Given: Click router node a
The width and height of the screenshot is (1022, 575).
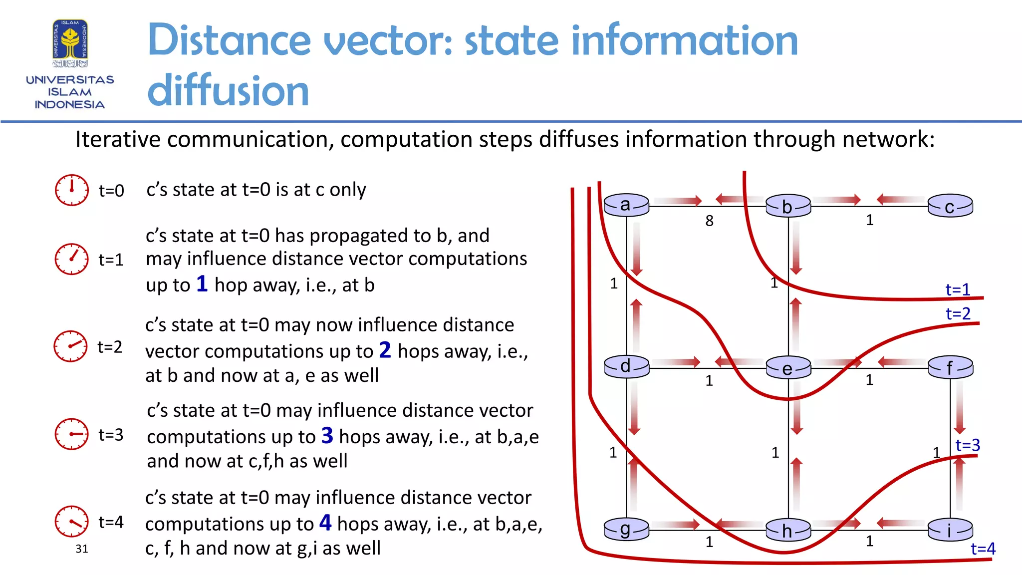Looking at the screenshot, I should [626, 205].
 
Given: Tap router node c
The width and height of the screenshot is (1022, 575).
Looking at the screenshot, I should [950, 206].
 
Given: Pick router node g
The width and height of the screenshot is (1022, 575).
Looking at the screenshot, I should [626, 529].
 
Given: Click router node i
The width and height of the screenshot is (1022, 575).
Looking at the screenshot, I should [950, 530].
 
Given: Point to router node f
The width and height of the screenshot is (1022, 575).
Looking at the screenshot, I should [950, 368].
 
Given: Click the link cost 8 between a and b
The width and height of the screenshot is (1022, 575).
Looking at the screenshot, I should [709, 221].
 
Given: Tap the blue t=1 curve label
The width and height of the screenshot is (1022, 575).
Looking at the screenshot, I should [958, 289].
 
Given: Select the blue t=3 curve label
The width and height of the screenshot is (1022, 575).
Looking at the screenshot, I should [968, 445].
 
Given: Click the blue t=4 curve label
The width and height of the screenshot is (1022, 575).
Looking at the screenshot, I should [983, 549].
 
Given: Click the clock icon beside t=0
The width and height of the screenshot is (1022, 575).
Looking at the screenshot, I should [72, 190].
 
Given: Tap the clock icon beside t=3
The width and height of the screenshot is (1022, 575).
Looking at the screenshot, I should [71, 434].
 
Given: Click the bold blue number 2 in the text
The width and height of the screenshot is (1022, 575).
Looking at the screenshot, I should [385, 350].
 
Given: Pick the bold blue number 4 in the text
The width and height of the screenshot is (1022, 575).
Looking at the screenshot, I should [325, 523].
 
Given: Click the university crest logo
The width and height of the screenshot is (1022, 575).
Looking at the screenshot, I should [70, 43].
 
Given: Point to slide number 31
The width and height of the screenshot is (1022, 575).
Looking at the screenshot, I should [82, 549].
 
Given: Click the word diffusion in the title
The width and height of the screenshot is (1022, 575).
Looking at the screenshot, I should [228, 91].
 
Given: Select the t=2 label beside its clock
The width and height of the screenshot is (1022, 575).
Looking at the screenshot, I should [110, 347].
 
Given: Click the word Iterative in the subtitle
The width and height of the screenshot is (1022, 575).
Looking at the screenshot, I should [118, 139].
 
